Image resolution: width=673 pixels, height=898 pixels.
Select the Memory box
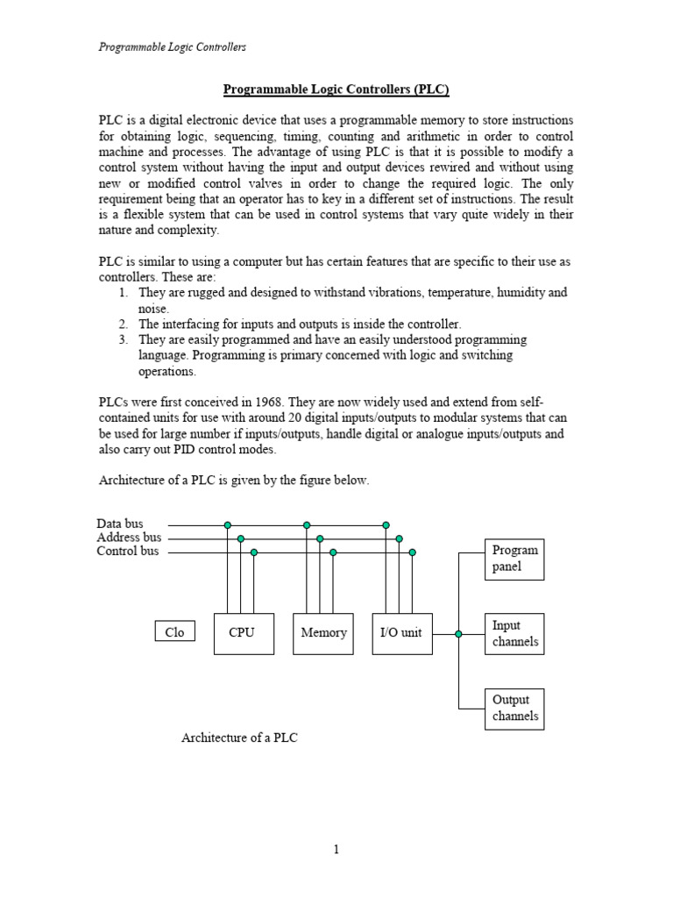click(x=323, y=633)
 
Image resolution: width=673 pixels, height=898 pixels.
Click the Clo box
click(x=175, y=632)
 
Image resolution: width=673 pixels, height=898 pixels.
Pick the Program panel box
click(x=514, y=559)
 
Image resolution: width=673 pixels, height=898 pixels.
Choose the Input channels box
click(x=514, y=634)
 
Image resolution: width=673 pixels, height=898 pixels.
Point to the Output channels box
click(x=514, y=709)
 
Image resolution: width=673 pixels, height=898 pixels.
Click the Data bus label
click(x=120, y=524)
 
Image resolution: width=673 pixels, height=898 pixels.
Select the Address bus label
click(x=129, y=538)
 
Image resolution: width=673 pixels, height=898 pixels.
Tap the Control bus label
click(x=128, y=552)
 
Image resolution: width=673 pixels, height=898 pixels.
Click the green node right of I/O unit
click(x=458, y=633)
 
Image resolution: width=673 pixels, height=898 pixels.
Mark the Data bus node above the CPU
click(x=228, y=525)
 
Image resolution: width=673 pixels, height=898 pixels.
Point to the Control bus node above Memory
click(x=333, y=552)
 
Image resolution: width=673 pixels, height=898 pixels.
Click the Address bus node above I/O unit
click(x=399, y=538)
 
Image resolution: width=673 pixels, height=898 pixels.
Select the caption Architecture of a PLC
click(x=239, y=738)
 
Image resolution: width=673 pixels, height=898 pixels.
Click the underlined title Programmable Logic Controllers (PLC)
click(x=336, y=89)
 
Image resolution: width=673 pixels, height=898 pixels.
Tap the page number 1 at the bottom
click(x=336, y=850)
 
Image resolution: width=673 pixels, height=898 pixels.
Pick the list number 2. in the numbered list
click(x=124, y=324)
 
